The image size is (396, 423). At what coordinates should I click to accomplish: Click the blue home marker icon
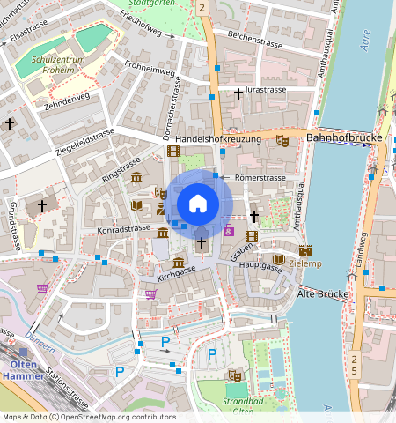(198, 204)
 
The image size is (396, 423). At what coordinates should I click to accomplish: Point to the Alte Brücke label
(323, 293)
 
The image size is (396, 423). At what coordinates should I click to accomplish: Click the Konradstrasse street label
(124, 228)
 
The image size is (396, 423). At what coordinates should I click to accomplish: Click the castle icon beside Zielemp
(305, 250)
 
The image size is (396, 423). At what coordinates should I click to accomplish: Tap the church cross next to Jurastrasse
(238, 93)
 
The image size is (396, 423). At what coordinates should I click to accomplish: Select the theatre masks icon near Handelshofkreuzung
(282, 140)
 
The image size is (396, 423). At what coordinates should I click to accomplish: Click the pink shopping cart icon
(150, 293)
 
